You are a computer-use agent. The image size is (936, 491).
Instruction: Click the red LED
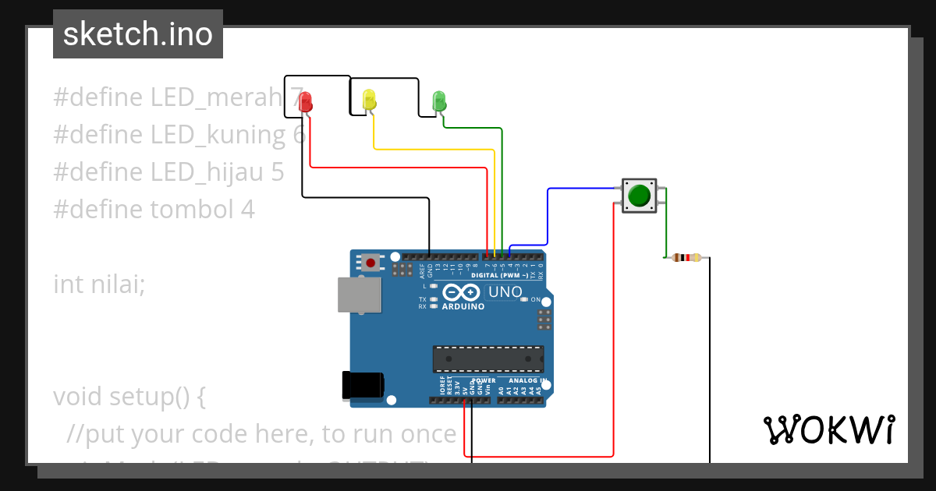306,101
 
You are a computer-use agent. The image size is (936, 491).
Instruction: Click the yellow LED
369,99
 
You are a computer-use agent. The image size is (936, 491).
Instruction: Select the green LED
439,100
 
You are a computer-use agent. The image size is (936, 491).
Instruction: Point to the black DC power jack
363,385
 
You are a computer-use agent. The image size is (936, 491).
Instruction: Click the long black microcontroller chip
488,359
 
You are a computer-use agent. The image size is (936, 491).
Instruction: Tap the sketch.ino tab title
138,34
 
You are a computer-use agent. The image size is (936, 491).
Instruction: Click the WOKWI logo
829,429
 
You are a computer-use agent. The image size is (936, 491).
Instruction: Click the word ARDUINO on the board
463,306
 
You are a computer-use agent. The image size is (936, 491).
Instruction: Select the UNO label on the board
505,292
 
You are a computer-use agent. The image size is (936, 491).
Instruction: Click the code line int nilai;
99,284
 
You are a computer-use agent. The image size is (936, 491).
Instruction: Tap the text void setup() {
129,397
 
